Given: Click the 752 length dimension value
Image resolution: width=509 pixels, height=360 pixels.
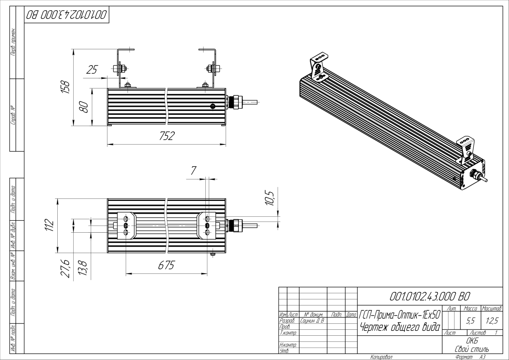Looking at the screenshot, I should [167, 136].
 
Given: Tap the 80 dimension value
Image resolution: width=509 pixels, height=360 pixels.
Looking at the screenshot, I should [83, 107].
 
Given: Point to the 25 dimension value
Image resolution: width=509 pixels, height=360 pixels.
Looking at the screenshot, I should [92, 70].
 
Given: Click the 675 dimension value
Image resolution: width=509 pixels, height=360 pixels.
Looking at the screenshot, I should [166, 266].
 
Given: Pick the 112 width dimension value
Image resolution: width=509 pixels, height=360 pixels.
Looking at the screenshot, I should [49, 225].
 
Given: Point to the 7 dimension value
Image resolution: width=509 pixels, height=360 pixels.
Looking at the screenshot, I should [193, 171].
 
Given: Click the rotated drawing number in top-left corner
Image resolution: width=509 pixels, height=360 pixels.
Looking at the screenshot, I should [66, 15].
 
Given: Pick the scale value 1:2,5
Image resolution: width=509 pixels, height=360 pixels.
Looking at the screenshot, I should [491, 319].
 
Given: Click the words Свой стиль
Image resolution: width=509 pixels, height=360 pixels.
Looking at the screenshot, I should [472, 349].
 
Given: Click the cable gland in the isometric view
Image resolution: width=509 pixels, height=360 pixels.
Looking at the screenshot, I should [475, 173].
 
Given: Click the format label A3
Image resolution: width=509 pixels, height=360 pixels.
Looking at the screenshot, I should [483, 357].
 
